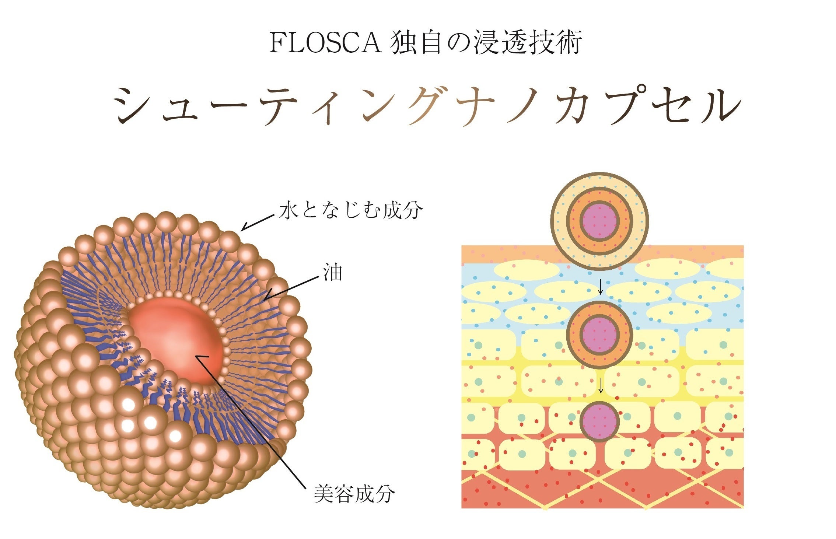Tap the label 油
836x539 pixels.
coord(332,273)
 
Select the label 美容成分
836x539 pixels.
coord(354,494)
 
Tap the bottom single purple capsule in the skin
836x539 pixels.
coord(599,421)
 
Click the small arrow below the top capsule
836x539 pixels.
coord(600,287)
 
